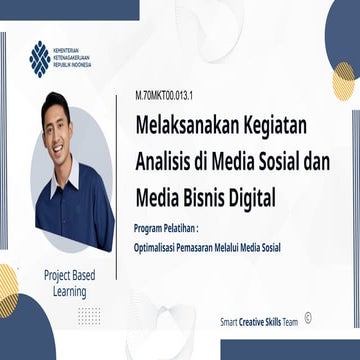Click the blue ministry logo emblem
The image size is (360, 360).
click(x=39, y=59)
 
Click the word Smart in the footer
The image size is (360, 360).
click(x=228, y=323)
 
